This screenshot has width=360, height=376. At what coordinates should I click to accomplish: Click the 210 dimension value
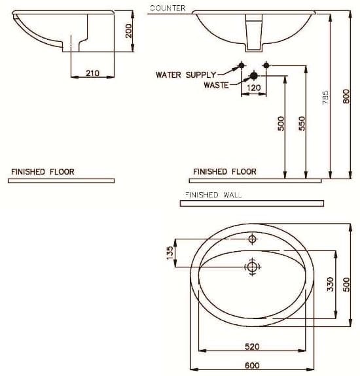[92, 73]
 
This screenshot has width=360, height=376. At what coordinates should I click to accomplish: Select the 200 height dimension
[129, 29]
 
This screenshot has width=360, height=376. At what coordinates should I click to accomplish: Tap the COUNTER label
[168, 9]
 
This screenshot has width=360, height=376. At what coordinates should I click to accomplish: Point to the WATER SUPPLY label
[185, 75]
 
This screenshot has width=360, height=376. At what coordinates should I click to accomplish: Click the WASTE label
[215, 85]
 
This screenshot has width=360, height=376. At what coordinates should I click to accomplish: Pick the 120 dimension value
[253, 88]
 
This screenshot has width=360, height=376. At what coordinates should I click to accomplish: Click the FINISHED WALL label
[213, 195]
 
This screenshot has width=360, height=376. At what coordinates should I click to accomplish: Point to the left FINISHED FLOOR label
[43, 172]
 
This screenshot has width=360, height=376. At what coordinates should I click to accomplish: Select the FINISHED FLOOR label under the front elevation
[225, 172]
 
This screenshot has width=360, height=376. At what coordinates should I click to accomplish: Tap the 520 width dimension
[252, 347]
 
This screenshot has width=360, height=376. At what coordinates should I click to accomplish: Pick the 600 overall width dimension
[252, 365]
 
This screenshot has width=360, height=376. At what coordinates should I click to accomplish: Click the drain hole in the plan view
[252, 266]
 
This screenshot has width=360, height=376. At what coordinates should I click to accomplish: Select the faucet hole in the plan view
[253, 240]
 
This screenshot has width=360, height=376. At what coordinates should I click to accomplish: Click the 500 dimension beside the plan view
[347, 285]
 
